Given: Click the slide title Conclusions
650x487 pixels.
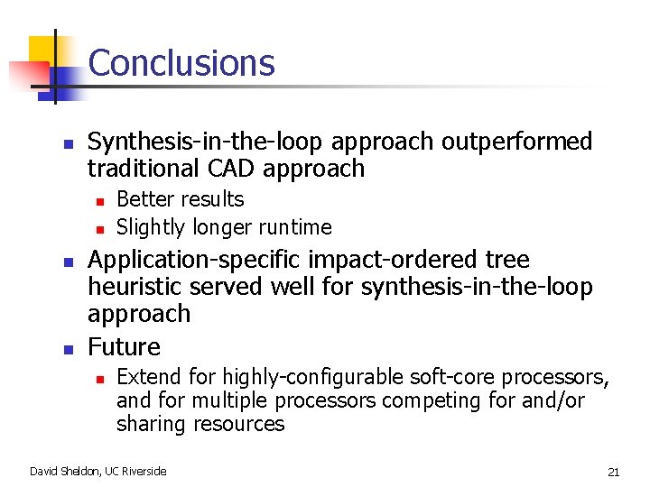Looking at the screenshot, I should click(x=181, y=63).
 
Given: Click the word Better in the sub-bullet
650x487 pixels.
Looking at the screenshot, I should click(x=143, y=199).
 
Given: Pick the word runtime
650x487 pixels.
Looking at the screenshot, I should click(x=294, y=227).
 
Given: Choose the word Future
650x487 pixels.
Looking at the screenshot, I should click(x=124, y=347).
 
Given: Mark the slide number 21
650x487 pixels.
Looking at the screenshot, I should click(x=613, y=472).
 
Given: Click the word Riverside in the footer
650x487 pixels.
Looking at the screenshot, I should click(x=146, y=471).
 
